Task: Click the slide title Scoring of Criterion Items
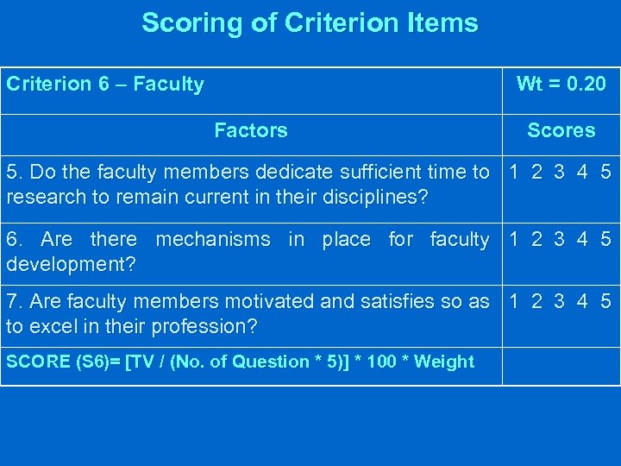point(310,22)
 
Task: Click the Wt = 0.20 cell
point(561,84)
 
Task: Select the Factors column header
point(250,130)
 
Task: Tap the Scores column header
point(561,130)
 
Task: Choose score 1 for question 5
point(514,172)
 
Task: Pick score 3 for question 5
point(559,172)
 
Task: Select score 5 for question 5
point(605,172)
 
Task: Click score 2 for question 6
point(536,238)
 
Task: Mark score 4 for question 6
point(583,238)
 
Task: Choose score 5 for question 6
point(605,238)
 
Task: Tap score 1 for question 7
point(514,302)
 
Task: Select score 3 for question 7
point(559,302)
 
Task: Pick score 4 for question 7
point(583,302)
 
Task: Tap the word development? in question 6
point(71,262)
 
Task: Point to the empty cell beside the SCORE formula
point(561,366)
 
